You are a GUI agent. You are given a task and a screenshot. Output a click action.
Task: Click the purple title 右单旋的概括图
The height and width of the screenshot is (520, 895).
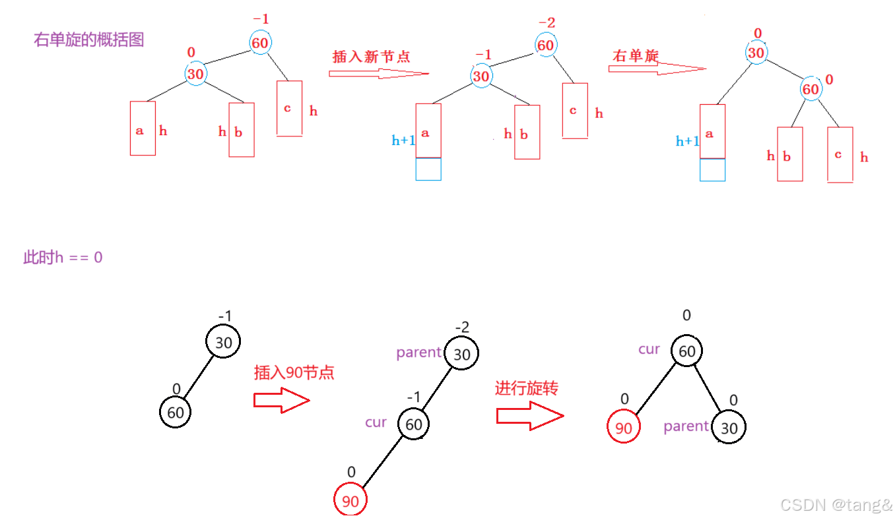[x=89, y=40]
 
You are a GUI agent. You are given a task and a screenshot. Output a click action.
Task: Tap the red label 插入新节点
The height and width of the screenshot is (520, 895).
[x=372, y=57]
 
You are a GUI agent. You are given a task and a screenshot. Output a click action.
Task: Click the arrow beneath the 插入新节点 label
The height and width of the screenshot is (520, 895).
[x=378, y=74]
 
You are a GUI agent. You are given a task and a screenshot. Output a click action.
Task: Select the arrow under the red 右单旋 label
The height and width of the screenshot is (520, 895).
[x=656, y=68]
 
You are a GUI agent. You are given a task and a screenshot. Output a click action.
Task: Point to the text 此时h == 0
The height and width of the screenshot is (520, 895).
[x=63, y=257]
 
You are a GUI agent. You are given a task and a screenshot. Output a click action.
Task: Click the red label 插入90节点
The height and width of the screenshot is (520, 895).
[x=294, y=372]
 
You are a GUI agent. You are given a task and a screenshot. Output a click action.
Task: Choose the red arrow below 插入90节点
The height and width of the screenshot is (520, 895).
[x=282, y=400]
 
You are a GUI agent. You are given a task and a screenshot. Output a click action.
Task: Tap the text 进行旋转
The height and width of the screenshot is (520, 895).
[x=527, y=388]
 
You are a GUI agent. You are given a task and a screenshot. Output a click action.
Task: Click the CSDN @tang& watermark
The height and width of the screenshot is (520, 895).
[x=836, y=505]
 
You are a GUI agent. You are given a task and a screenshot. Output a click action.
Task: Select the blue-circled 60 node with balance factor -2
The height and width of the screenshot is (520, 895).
[x=545, y=45]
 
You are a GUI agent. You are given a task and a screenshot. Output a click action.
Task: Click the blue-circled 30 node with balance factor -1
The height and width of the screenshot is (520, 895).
[x=481, y=76]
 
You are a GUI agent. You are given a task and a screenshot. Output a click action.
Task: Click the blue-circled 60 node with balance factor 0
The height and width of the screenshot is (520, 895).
[x=811, y=89]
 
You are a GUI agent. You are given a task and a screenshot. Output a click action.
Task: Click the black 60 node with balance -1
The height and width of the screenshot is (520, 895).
[x=414, y=424]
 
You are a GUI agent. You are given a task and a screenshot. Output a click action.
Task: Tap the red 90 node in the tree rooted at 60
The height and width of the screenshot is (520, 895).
[x=623, y=428]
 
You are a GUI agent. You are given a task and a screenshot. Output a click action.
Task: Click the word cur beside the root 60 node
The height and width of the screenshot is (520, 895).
[x=649, y=349]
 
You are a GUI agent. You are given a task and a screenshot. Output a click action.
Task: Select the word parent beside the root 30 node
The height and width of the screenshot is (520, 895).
[x=418, y=353]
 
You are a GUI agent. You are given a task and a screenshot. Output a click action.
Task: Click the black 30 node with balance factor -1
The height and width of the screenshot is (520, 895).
[x=224, y=343]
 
